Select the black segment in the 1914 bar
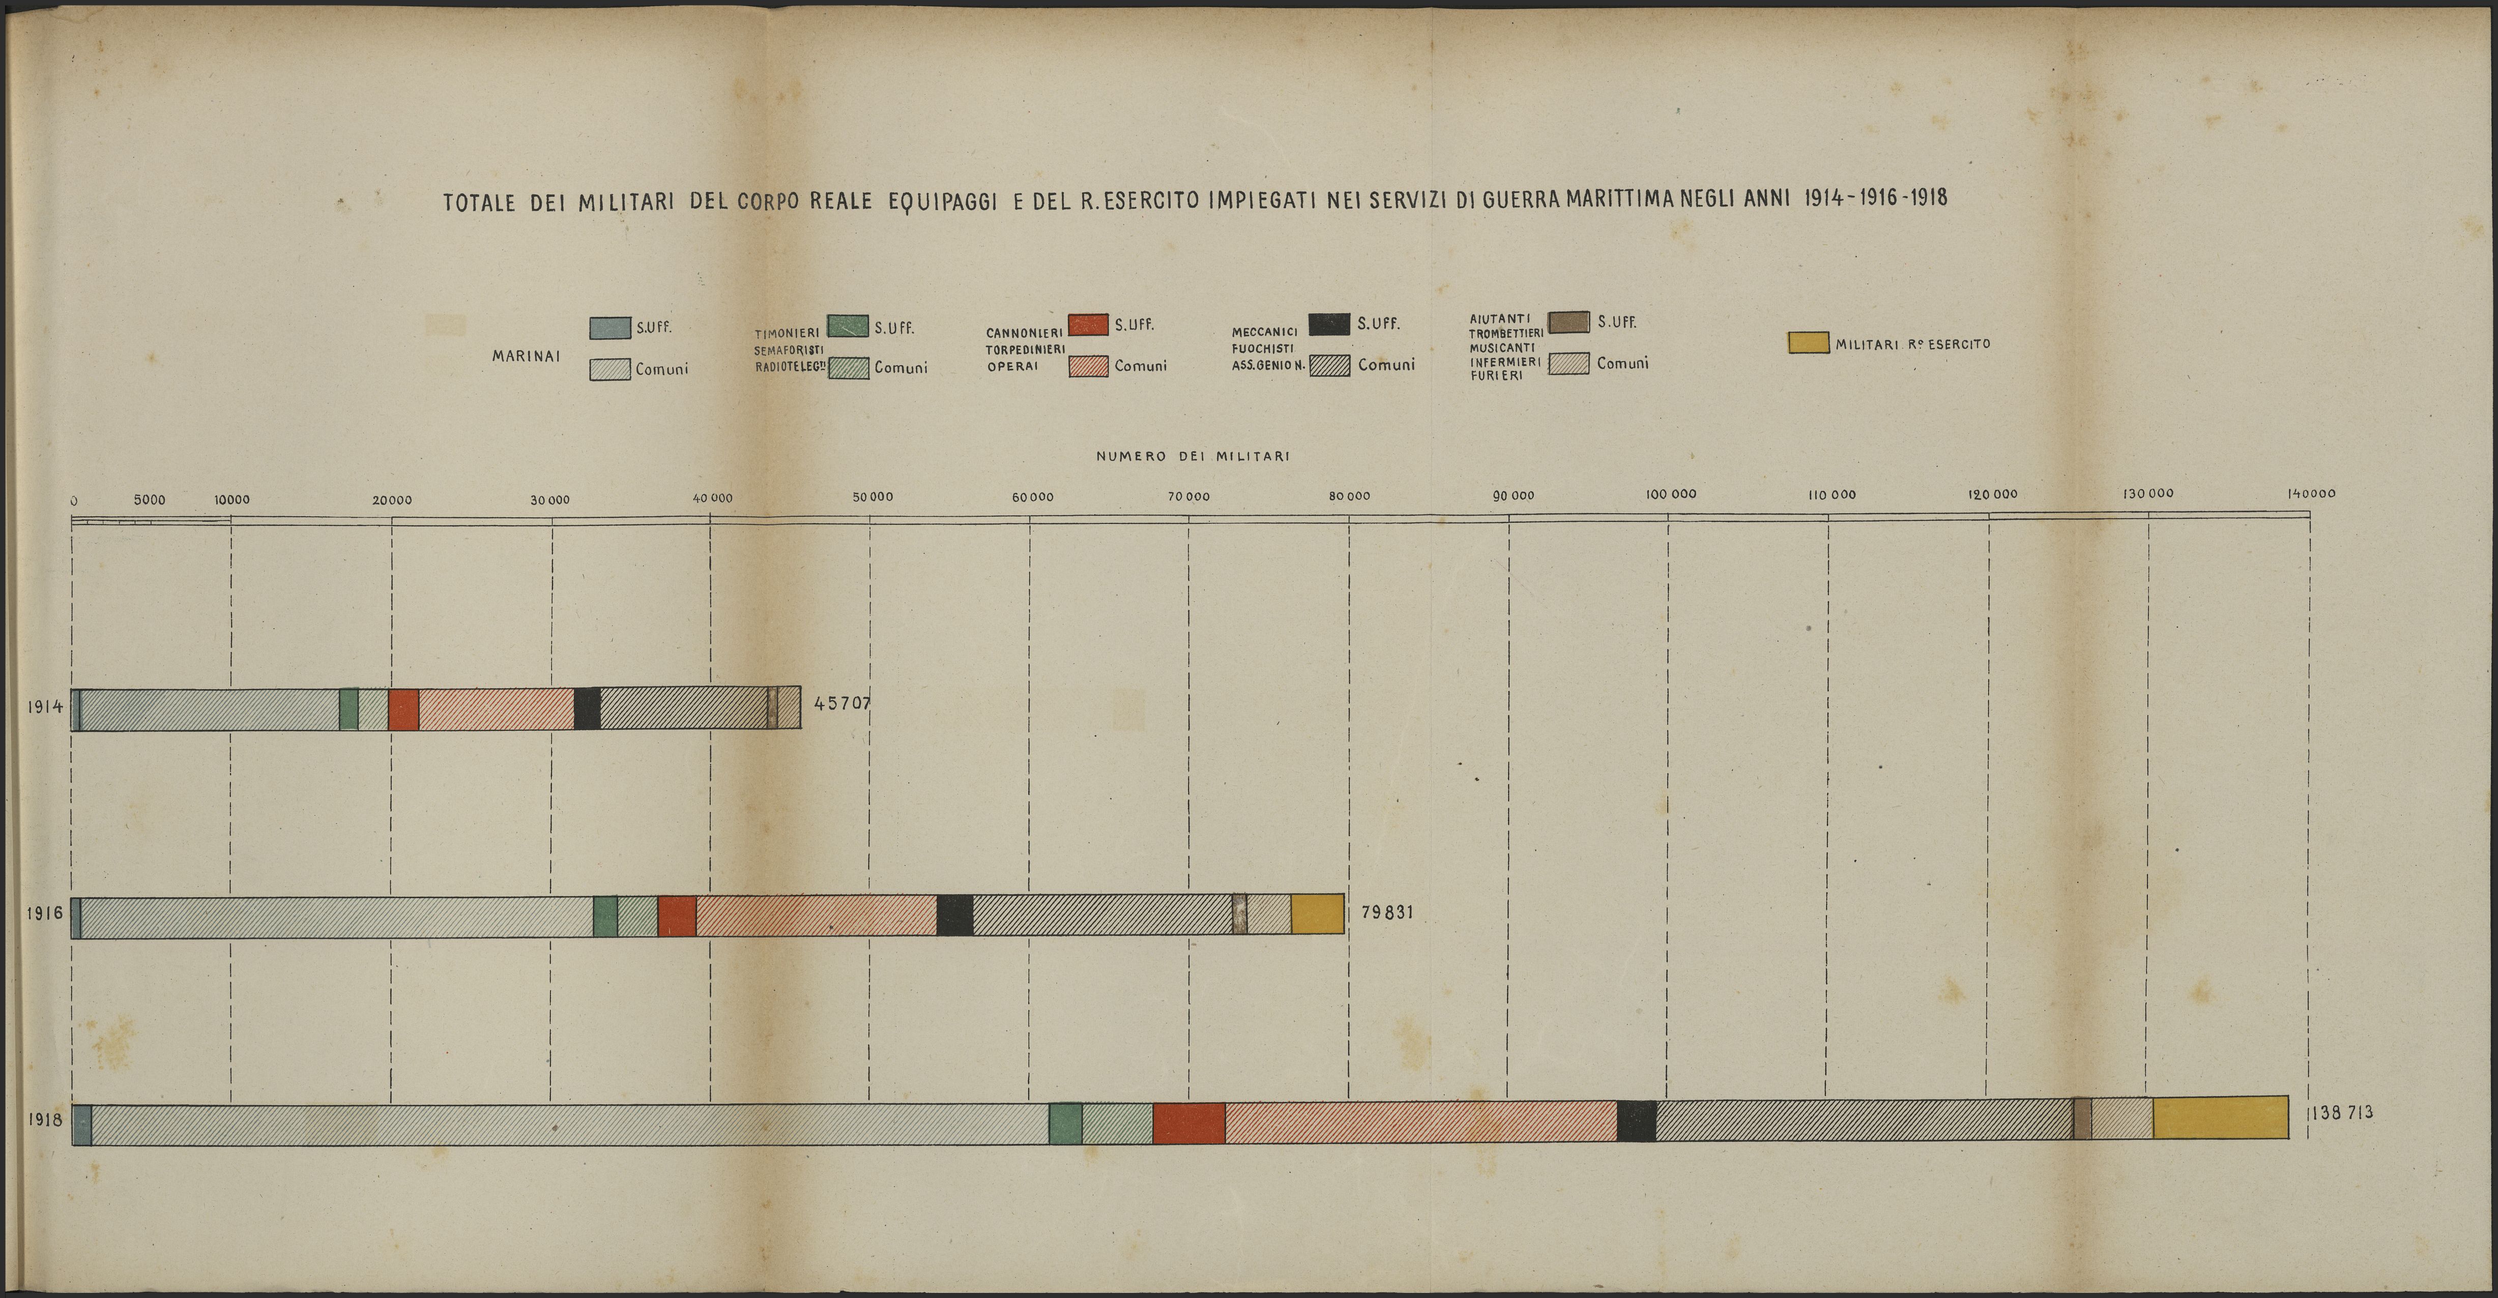click(x=587, y=709)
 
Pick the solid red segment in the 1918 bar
click(x=1189, y=1124)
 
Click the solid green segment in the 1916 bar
click(x=605, y=916)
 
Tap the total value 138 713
click(x=2341, y=1113)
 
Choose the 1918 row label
click(x=45, y=1119)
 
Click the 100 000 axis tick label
click(x=1671, y=494)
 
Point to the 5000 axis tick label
click(x=150, y=500)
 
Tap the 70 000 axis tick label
click(x=1189, y=496)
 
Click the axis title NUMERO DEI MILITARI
click(x=1193, y=456)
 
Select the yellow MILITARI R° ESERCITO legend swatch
click(x=1808, y=343)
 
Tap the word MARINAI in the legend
click(x=526, y=356)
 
